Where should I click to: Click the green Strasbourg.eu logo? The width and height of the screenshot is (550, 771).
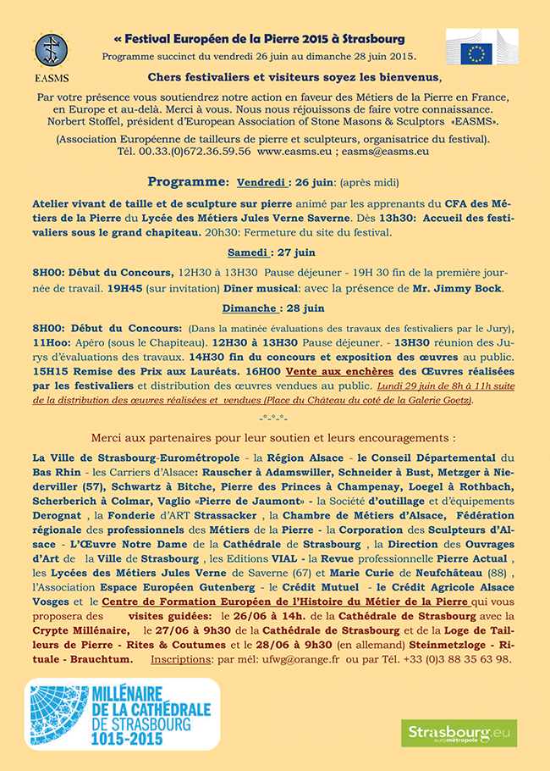point(459,732)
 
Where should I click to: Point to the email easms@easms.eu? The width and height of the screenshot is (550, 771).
point(387,151)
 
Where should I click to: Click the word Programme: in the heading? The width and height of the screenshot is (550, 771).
point(188,182)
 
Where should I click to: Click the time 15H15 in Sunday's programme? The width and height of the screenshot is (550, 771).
point(50,371)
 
